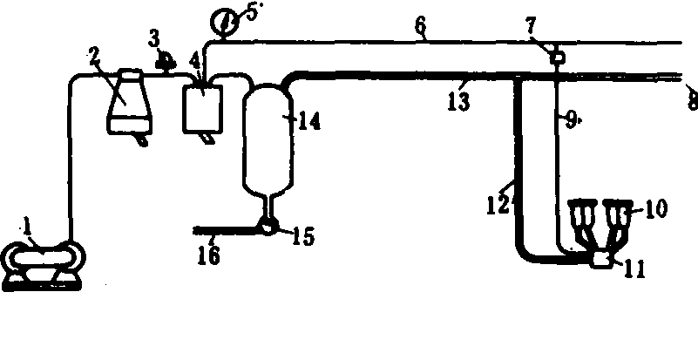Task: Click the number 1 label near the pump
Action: click(x=28, y=229)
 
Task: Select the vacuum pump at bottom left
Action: click(x=44, y=266)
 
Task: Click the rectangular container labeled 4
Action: click(x=202, y=108)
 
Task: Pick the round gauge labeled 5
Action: click(x=222, y=22)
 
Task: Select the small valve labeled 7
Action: click(x=557, y=57)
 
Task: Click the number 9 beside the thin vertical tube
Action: click(x=571, y=120)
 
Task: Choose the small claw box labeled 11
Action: click(x=603, y=259)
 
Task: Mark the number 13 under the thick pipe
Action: click(x=458, y=102)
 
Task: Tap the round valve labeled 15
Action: click(x=268, y=228)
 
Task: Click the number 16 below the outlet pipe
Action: click(x=209, y=255)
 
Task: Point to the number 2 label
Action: click(x=94, y=56)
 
